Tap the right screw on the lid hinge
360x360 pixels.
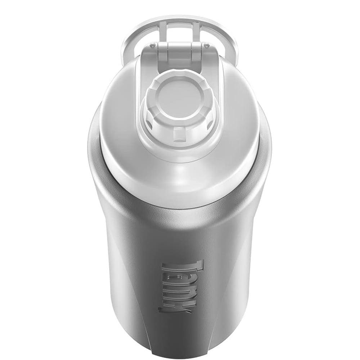click(207, 45)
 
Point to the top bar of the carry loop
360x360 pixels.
click(180, 19)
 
